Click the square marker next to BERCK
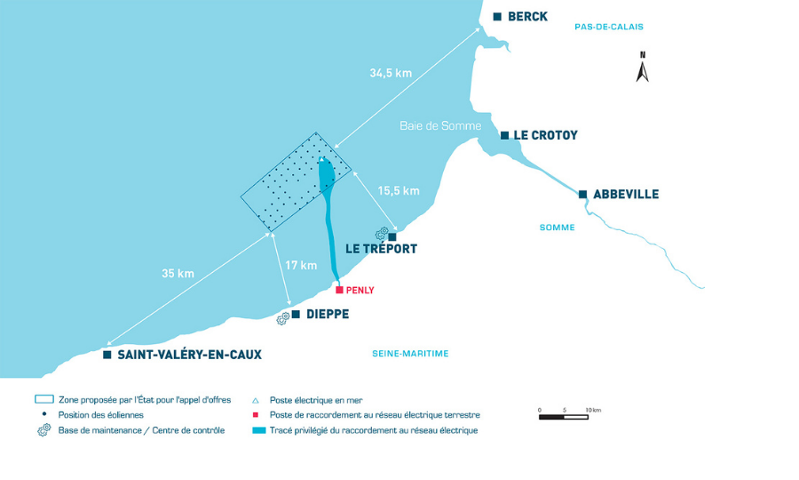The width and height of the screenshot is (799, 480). [x=497, y=17]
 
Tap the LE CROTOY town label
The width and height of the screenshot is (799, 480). [x=545, y=135]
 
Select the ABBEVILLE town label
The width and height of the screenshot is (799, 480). [x=626, y=195]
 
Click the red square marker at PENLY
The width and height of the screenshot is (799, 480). [x=339, y=290]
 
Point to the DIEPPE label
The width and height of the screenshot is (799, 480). [x=328, y=314]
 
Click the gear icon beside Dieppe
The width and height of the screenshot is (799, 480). [x=283, y=319]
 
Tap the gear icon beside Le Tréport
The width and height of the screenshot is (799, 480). [x=382, y=234]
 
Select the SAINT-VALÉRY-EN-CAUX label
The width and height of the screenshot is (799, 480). [x=190, y=355]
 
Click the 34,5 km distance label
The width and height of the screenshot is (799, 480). [x=391, y=74]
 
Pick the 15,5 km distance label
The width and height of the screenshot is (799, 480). [x=399, y=191]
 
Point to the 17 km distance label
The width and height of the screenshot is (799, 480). [x=301, y=265]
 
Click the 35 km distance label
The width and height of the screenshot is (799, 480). [x=178, y=274]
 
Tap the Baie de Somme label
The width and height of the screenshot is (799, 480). [x=440, y=126]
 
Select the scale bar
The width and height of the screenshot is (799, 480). [x=564, y=417]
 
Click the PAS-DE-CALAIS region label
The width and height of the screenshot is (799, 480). [x=609, y=27]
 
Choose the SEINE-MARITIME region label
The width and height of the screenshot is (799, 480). [x=410, y=354]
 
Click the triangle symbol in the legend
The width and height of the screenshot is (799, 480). [x=256, y=401]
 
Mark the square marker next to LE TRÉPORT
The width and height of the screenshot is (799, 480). [x=392, y=237]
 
